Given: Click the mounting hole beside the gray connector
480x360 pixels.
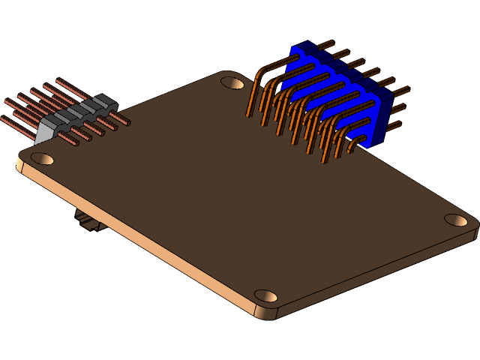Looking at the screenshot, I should point(42,158).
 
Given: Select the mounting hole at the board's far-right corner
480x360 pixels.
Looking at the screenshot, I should point(455,220).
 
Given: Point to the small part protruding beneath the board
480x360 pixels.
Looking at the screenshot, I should point(88,221).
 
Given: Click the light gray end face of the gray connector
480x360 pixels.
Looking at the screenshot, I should point(45,131).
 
